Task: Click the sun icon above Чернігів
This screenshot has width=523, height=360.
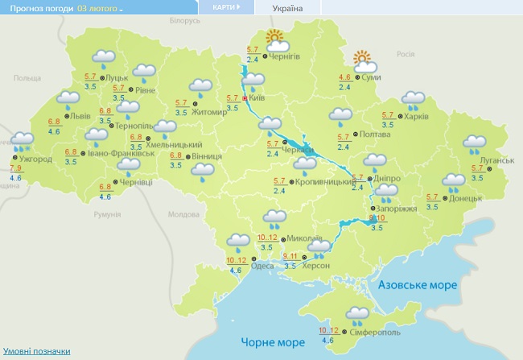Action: [276, 37]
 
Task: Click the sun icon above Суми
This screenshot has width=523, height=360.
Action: [364, 58]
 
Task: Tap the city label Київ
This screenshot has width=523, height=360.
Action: [257, 97]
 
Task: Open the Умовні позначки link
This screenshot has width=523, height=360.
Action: [35, 351]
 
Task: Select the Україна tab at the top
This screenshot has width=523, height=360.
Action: [287, 8]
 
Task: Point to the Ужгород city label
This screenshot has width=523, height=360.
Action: [35, 159]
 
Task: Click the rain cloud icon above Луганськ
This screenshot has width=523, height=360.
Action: [475, 144]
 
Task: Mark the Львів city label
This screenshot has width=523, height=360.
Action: [81, 116]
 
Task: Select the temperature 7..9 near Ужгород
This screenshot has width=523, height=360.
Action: [16, 168]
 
